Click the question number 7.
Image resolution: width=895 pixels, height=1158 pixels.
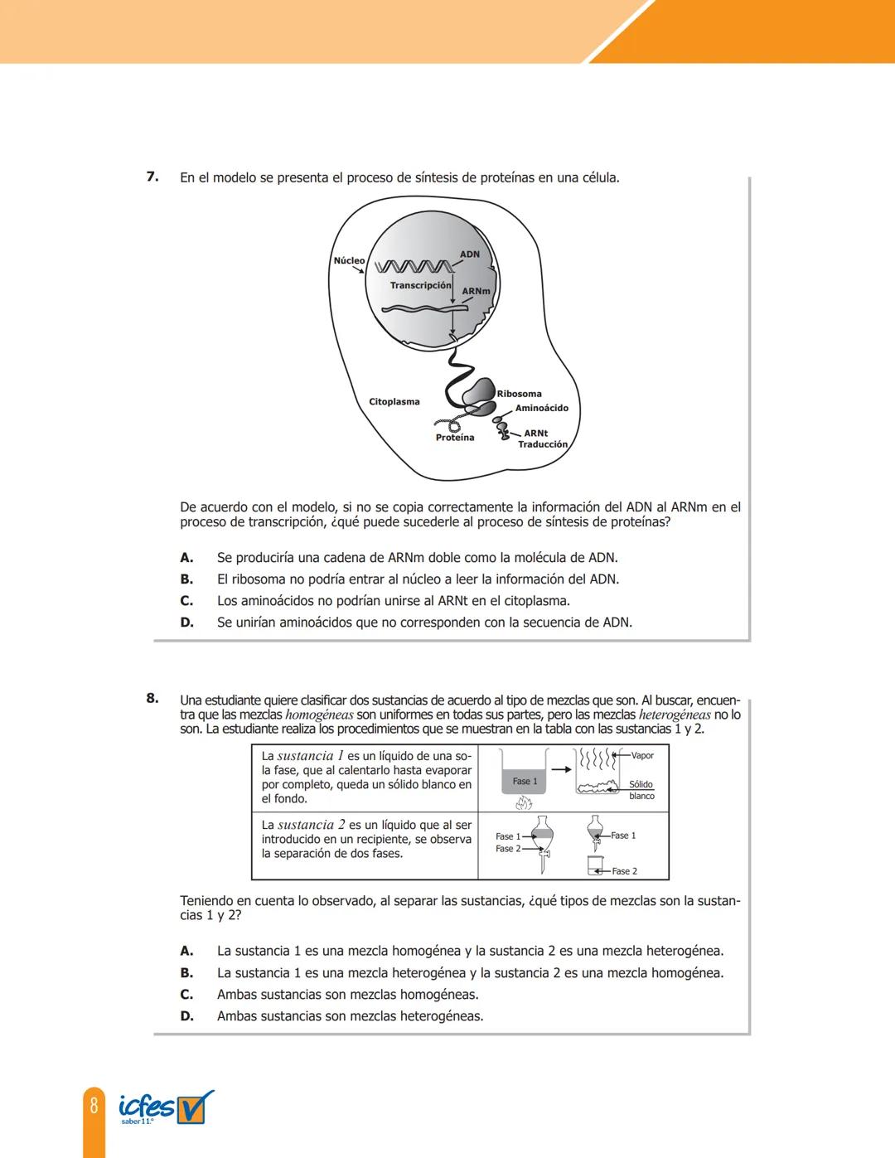click(152, 177)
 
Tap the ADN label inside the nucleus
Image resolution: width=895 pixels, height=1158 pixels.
click(470, 254)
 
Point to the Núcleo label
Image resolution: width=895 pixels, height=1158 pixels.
click(349, 260)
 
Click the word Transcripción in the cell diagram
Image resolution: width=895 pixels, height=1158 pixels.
click(421, 285)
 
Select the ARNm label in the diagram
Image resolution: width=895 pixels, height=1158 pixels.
click(477, 292)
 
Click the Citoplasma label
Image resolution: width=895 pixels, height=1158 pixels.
click(394, 402)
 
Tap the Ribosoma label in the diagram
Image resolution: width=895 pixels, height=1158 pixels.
click(520, 394)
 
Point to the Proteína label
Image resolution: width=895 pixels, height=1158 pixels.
click(455, 438)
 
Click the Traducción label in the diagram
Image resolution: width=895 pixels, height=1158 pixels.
click(543, 444)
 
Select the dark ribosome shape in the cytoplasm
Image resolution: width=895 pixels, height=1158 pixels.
click(478, 396)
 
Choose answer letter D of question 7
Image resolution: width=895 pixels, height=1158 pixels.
click(187, 623)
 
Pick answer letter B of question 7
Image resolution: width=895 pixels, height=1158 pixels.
click(187, 579)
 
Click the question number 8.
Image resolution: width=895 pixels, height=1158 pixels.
click(152, 698)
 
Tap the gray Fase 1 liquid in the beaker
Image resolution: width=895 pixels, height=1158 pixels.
click(525, 782)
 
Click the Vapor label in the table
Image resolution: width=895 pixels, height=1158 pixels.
click(642, 756)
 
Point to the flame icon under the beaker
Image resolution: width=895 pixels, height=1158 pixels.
click(524, 802)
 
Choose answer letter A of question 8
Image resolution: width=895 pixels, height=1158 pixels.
click(187, 951)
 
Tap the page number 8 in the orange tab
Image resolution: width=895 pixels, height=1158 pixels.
click(94, 1106)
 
